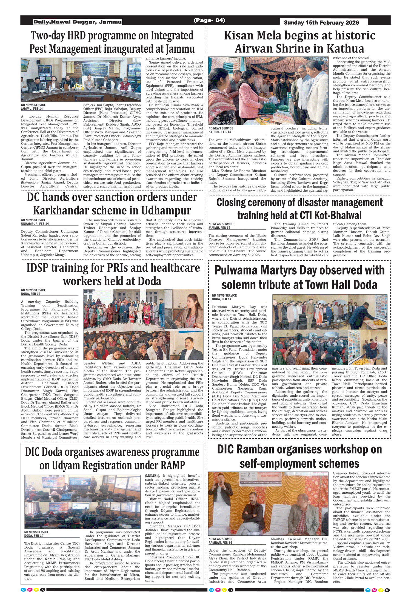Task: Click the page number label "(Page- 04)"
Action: click(209, 20)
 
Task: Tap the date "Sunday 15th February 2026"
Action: click(321, 23)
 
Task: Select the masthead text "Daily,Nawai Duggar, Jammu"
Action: click(78, 22)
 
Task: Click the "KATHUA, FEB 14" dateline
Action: click(220, 132)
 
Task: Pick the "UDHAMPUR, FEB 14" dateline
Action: click(35, 224)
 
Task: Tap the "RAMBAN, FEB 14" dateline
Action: click(220, 543)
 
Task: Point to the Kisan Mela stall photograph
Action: click(268, 91)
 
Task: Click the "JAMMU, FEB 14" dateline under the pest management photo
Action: click(32, 109)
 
